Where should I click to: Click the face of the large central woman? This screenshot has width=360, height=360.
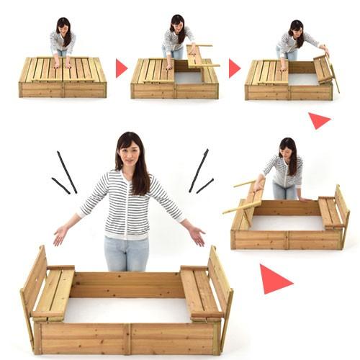(x=129, y=153)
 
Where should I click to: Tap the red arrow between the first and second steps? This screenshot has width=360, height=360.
(x=121, y=68)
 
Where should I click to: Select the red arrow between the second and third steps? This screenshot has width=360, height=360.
(x=234, y=68)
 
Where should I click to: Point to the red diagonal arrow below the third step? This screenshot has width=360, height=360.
(x=318, y=120)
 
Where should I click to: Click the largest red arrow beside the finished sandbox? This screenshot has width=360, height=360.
(x=274, y=279)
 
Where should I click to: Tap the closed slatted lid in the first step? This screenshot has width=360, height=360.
(x=63, y=70)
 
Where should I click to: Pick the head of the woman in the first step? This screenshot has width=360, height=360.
(x=63, y=27)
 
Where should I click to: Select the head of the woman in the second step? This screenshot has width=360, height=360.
(x=176, y=24)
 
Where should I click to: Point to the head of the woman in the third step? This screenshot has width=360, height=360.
(x=295, y=30)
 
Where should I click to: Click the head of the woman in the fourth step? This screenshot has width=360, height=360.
(x=287, y=148)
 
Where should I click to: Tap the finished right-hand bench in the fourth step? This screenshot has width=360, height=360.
(x=330, y=213)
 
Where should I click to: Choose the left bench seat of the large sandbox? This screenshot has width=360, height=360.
(x=54, y=292)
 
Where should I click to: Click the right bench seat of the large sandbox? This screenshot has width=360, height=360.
(x=199, y=292)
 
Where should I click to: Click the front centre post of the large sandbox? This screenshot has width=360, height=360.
(x=128, y=338)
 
